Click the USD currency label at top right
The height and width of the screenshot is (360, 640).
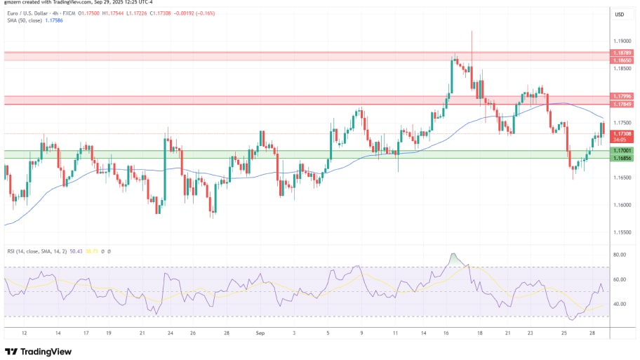pos(620,15)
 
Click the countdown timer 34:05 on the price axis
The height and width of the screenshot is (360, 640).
pos(620,140)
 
